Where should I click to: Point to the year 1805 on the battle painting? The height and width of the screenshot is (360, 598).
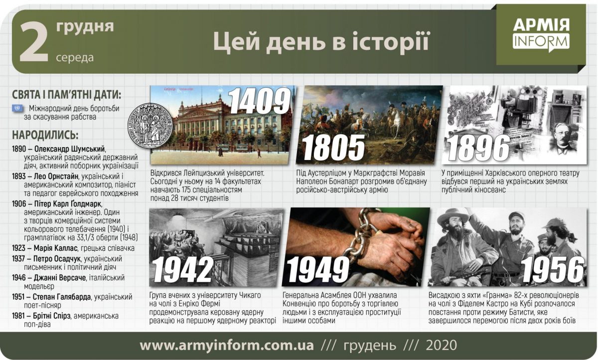click(334, 148)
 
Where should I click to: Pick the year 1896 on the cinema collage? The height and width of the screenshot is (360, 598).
click(478, 148)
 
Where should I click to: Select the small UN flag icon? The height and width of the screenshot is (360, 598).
click(18, 108)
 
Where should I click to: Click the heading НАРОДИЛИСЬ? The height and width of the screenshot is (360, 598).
click(45, 135)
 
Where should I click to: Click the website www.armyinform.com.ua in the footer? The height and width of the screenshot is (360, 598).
click(227, 346)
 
